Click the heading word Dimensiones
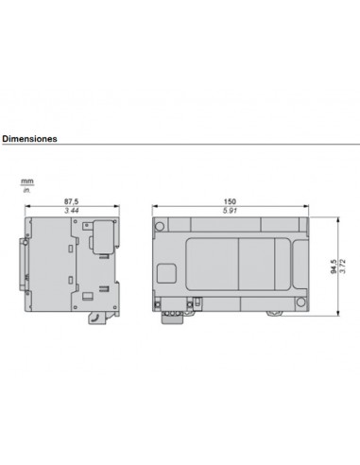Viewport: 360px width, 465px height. point(29,138)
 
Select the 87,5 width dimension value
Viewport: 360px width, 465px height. point(71,200)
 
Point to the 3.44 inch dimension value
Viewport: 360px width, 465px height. point(71,210)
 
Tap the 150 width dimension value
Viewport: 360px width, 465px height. point(230,200)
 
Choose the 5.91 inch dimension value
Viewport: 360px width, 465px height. point(230,210)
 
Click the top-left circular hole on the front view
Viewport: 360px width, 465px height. point(162,226)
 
